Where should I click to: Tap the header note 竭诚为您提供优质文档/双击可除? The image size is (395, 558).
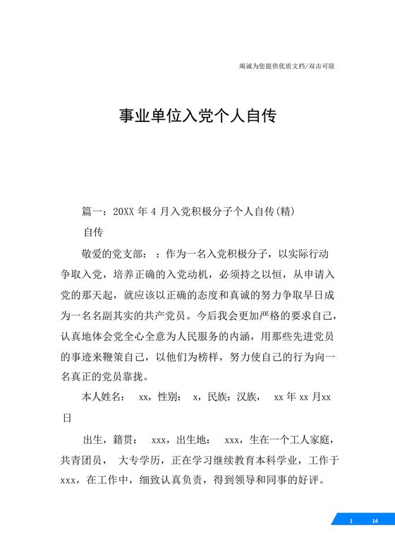pos(287,66)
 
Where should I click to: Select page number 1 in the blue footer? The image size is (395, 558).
pos(351,521)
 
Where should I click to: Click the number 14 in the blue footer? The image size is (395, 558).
pos(375,521)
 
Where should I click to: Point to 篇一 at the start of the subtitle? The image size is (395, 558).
pos(92,211)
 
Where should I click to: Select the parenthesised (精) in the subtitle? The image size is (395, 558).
pos(284,211)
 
